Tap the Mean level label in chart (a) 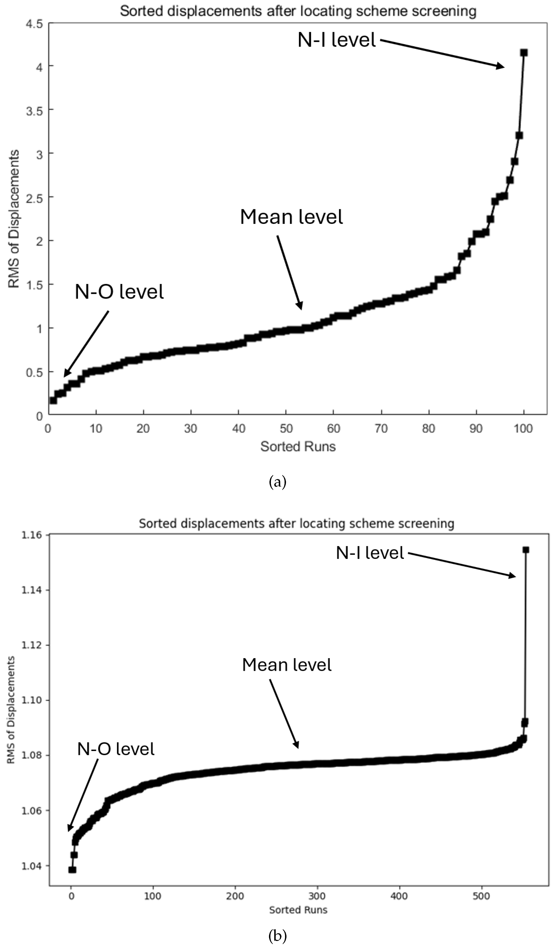(291, 217)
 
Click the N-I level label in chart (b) (370, 553)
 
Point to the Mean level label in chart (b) (287, 665)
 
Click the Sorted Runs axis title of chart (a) (298, 447)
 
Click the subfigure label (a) (278, 482)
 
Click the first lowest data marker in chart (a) (53, 400)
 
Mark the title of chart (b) (296, 523)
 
